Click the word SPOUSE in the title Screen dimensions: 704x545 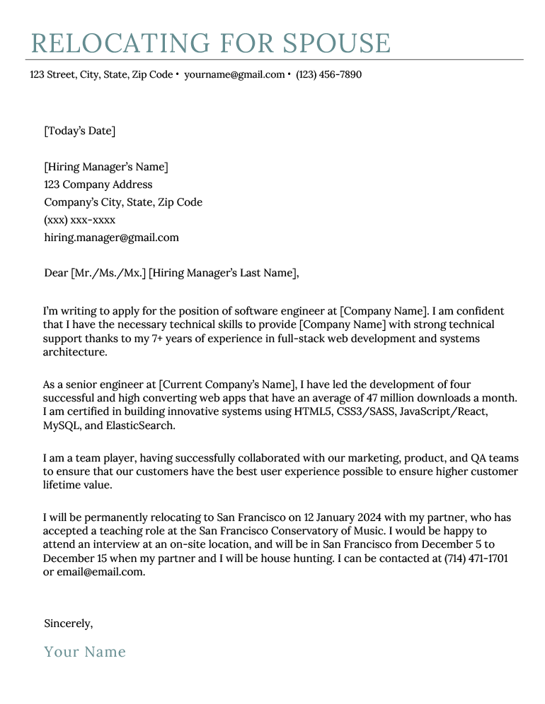click(x=336, y=44)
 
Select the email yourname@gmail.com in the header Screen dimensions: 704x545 click(x=234, y=74)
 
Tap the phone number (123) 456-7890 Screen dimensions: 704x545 click(x=328, y=74)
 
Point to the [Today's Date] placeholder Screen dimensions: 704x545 click(x=79, y=131)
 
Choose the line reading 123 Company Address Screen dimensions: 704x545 click(x=98, y=184)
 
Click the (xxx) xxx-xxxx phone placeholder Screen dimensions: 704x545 click(x=79, y=220)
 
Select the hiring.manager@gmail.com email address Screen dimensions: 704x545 click(x=111, y=237)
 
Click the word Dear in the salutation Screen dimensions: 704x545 click(x=56, y=273)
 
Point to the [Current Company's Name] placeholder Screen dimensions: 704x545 click(x=226, y=385)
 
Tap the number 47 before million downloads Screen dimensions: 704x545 click(x=379, y=398)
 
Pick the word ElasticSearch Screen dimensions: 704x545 click(x=140, y=426)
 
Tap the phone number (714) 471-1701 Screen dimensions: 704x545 click(x=476, y=558)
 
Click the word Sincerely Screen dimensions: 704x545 click(x=68, y=623)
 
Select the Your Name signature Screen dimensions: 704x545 click(x=85, y=652)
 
